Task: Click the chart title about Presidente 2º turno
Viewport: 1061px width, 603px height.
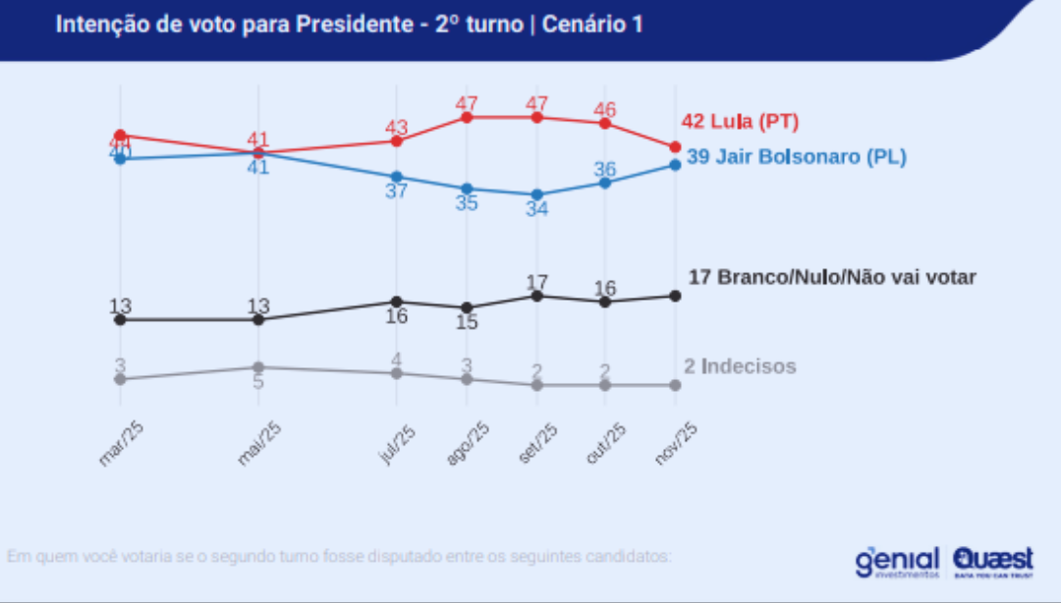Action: tap(349, 25)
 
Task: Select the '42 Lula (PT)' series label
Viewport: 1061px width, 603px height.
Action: tap(740, 122)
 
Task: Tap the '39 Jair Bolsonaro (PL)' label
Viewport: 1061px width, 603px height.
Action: tap(796, 157)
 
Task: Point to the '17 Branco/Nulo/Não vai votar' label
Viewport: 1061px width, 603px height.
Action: tap(832, 277)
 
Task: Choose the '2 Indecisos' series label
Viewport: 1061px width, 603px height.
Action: tap(740, 366)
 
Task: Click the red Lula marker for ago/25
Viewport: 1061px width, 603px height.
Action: tap(467, 118)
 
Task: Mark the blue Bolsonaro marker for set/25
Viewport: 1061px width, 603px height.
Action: tap(536, 194)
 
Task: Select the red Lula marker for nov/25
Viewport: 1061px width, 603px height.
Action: tap(675, 147)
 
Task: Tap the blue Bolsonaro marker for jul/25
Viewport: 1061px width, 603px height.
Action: tap(397, 177)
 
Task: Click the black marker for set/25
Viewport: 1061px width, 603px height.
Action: tap(536, 296)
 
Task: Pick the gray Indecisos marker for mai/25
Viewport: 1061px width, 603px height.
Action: tap(258, 367)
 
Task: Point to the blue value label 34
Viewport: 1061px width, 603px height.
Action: tap(536, 209)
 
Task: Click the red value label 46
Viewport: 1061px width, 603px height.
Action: tap(605, 108)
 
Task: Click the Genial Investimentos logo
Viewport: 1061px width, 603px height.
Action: tap(897, 562)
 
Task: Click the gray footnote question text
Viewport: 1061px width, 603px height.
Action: tap(339, 557)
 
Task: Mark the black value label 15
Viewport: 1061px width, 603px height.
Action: tap(467, 322)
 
